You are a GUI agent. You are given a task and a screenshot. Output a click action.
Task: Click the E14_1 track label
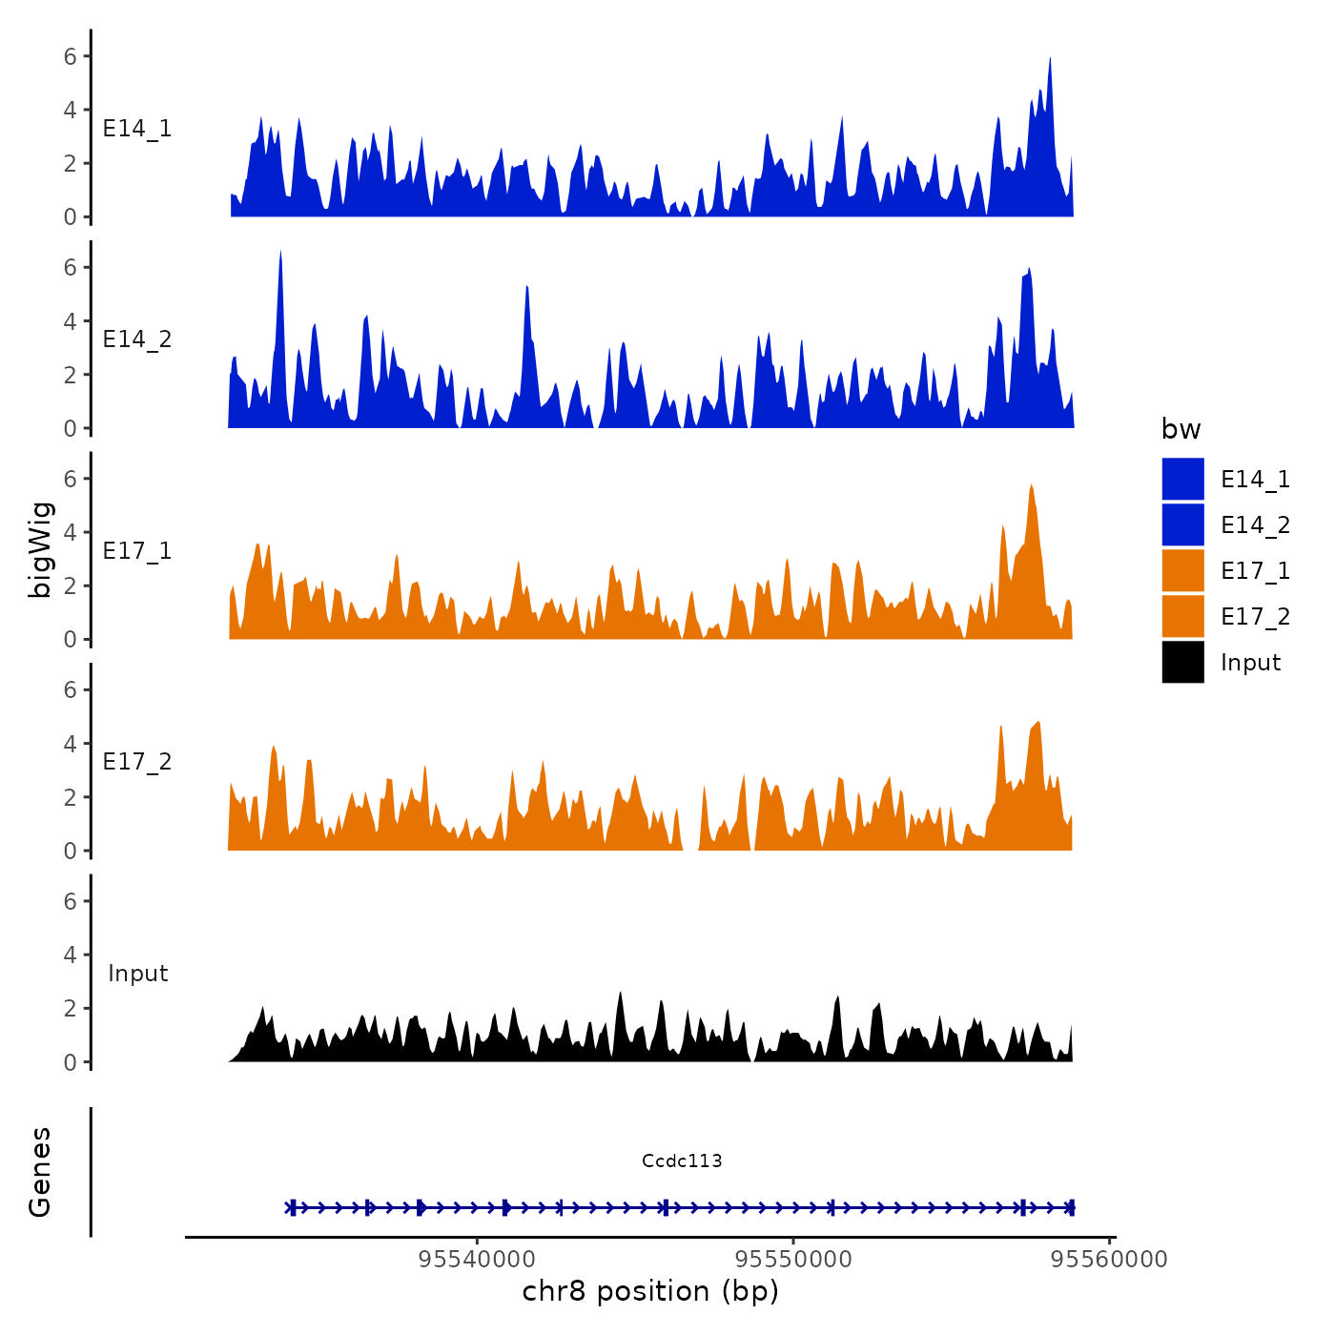click(x=137, y=129)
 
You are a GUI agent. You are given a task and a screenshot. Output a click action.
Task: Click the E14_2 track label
click(x=137, y=339)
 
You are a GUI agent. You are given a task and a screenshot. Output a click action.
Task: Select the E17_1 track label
click(x=137, y=551)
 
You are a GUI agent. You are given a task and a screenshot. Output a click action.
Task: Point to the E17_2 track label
click(x=137, y=762)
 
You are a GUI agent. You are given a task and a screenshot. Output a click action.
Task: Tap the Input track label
click(x=137, y=974)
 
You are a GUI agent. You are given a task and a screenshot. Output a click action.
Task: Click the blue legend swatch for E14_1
click(x=1182, y=479)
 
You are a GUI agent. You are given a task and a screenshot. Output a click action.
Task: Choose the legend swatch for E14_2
click(x=1182, y=524)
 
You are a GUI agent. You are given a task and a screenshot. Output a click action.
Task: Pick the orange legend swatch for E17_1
click(x=1182, y=570)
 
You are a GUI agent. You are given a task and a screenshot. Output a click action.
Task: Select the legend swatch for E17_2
click(x=1182, y=616)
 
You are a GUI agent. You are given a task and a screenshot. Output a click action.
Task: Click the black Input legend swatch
click(x=1182, y=662)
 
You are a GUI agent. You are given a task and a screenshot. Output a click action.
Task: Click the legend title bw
click(x=1181, y=430)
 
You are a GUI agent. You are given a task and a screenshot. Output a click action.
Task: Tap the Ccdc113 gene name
click(x=682, y=1160)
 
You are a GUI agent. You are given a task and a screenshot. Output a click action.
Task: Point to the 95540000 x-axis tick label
click(x=477, y=1260)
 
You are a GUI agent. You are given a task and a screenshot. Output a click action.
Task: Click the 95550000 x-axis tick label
click(x=793, y=1260)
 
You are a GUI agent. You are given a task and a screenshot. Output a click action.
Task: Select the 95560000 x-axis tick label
click(x=1109, y=1260)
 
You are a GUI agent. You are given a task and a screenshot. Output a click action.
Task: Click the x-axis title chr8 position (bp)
click(x=650, y=1291)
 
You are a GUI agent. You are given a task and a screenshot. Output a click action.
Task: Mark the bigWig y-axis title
click(x=40, y=549)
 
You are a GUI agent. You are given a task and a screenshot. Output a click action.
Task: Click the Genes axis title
click(x=40, y=1172)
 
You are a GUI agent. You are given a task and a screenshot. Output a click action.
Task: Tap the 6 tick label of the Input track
click(x=71, y=901)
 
